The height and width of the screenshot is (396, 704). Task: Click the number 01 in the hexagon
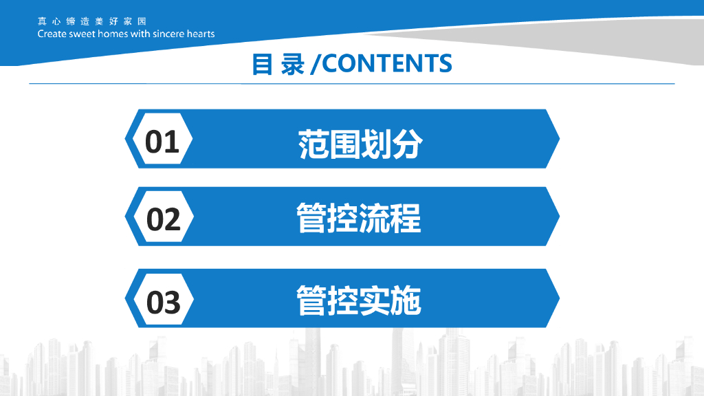162,141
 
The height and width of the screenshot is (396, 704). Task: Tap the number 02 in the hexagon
164,219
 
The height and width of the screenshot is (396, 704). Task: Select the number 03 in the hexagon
164,302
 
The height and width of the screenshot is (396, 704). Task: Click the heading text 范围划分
360,144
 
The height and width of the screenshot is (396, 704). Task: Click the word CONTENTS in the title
386,63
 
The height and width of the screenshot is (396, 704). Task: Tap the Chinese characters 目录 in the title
278,64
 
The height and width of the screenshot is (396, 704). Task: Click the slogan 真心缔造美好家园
91,21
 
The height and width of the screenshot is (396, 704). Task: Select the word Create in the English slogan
52,34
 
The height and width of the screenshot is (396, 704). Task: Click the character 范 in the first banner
313,144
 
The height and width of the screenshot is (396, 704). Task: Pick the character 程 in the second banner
406,218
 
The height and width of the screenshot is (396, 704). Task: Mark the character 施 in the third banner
406,300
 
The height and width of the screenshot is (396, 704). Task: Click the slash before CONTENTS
315,64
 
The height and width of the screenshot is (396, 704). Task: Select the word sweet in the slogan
81,34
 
